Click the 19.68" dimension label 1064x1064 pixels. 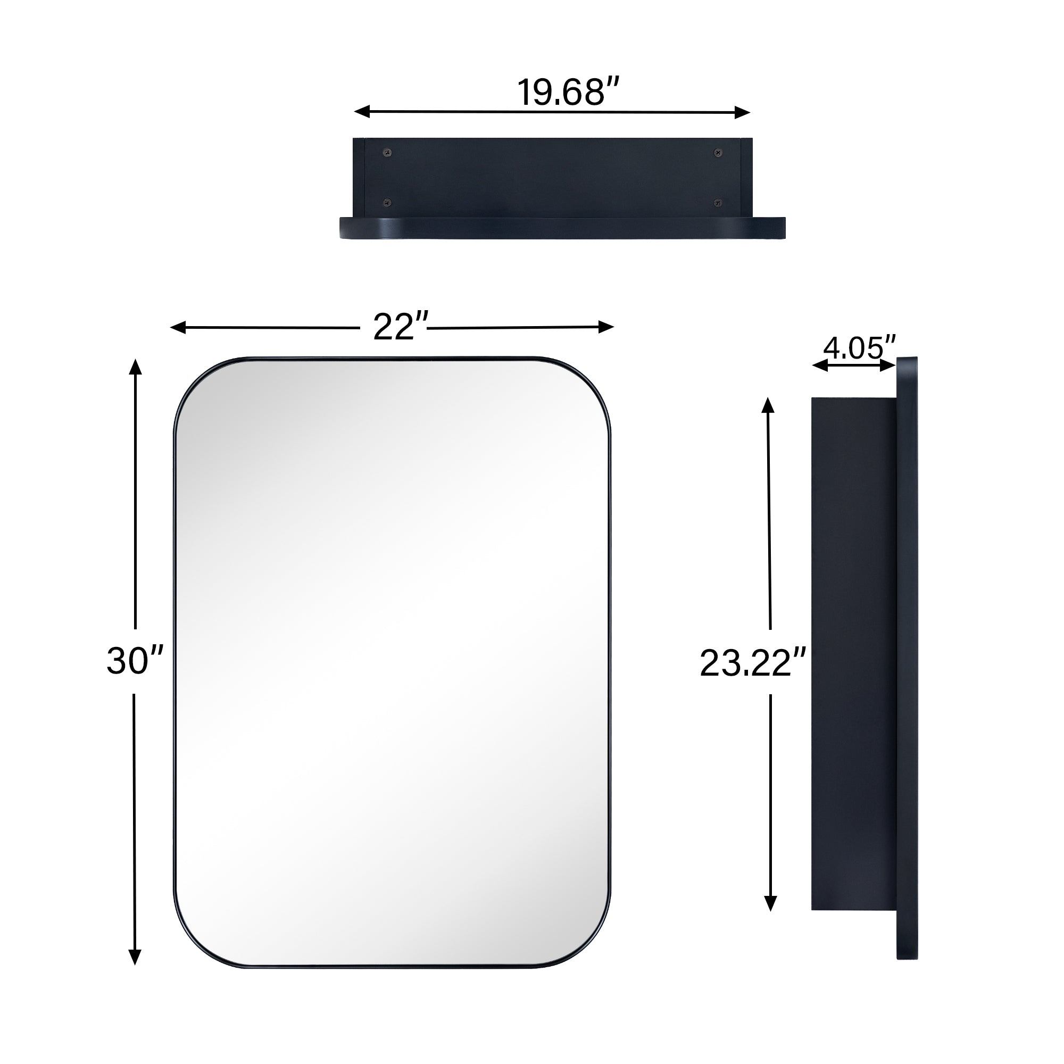click(x=568, y=92)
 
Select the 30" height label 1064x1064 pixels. click(x=135, y=660)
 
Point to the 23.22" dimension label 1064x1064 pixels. click(x=753, y=662)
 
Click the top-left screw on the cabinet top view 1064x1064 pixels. click(x=388, y=152)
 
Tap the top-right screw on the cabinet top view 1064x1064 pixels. click(x=717, y=152)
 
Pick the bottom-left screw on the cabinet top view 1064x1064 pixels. click(x=388, y=203)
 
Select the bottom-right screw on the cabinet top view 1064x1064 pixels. click(x=717, y=203)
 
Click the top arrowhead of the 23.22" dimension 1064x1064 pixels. click(x=768, y=405)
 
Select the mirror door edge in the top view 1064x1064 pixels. click(x=562, y=228)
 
